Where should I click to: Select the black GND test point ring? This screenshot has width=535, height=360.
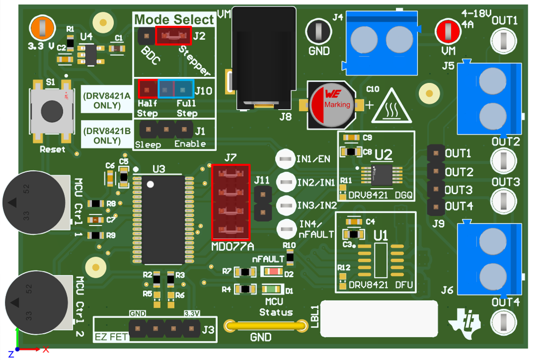318,31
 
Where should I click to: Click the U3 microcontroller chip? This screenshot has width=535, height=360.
163,219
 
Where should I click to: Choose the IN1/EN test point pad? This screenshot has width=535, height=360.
285,159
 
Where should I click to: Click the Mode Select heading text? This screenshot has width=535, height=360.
174,20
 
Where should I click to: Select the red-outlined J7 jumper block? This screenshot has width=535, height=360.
230,201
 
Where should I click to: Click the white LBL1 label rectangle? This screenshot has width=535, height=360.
379,319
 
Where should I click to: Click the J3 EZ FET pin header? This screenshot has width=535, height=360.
163,329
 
